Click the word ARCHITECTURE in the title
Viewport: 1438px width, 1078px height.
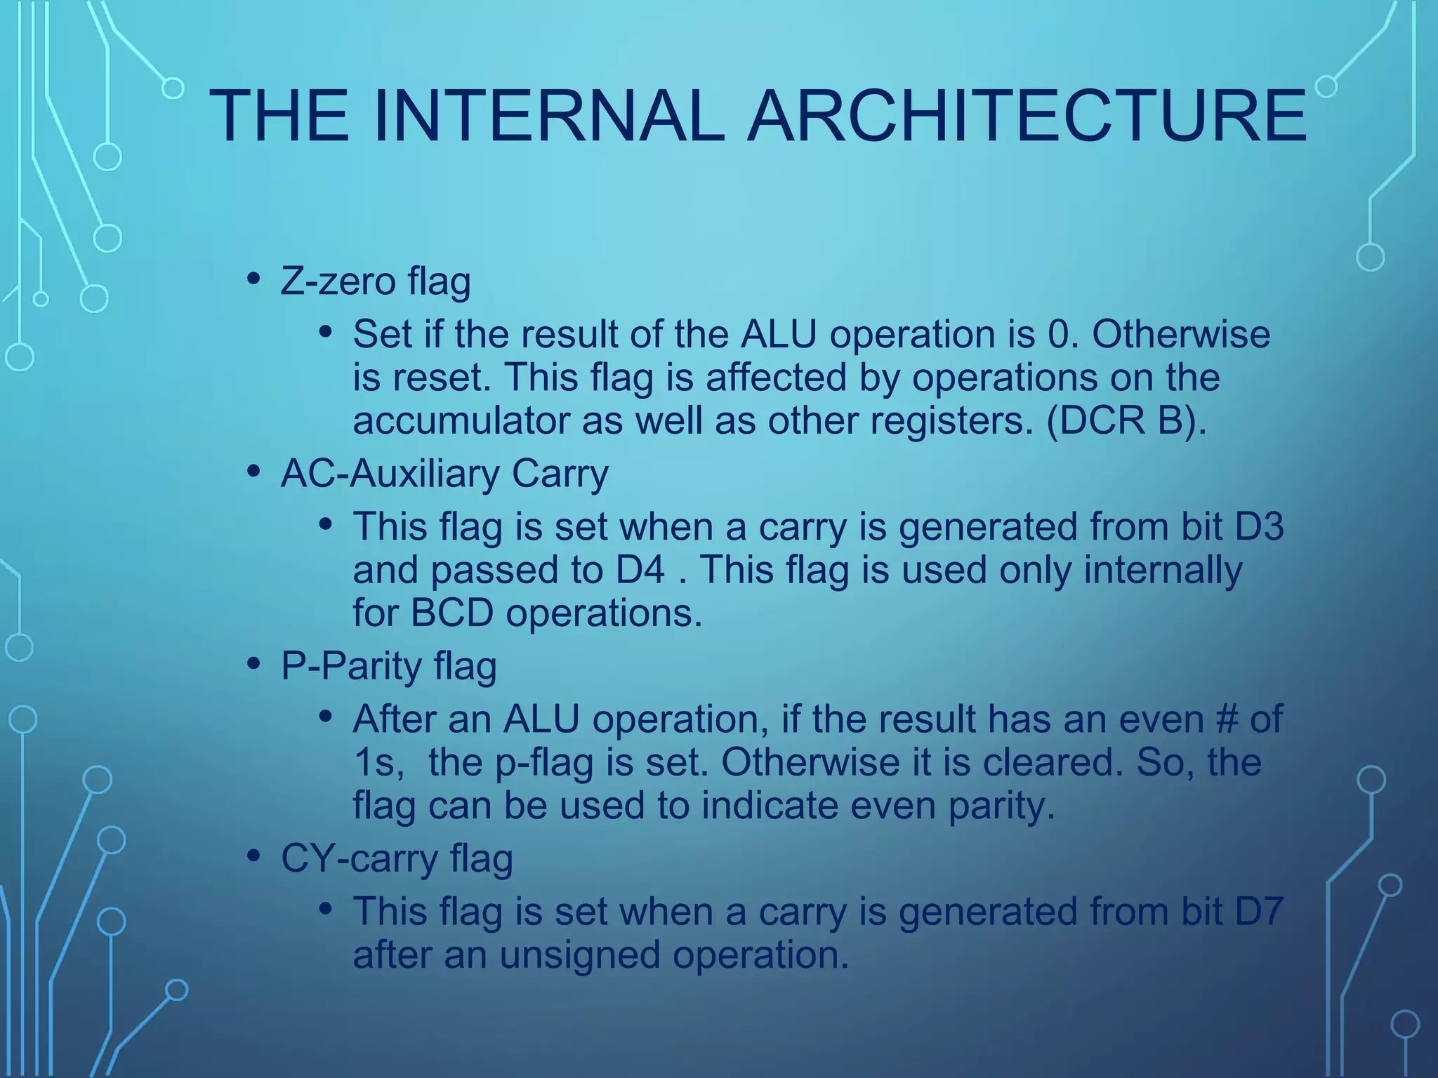tap(1027, 116)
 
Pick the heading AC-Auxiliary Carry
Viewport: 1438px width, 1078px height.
tap(444, 474)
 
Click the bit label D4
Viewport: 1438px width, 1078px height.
tap(640, 569)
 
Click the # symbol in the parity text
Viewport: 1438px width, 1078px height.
tap(1227, 719)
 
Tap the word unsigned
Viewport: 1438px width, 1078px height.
tap(579, 954)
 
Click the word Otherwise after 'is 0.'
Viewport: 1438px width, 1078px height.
tap(1181, 334)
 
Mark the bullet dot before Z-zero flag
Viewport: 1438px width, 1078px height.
tap(253, 279)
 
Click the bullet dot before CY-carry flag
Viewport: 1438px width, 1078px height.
tap(253, 856)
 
